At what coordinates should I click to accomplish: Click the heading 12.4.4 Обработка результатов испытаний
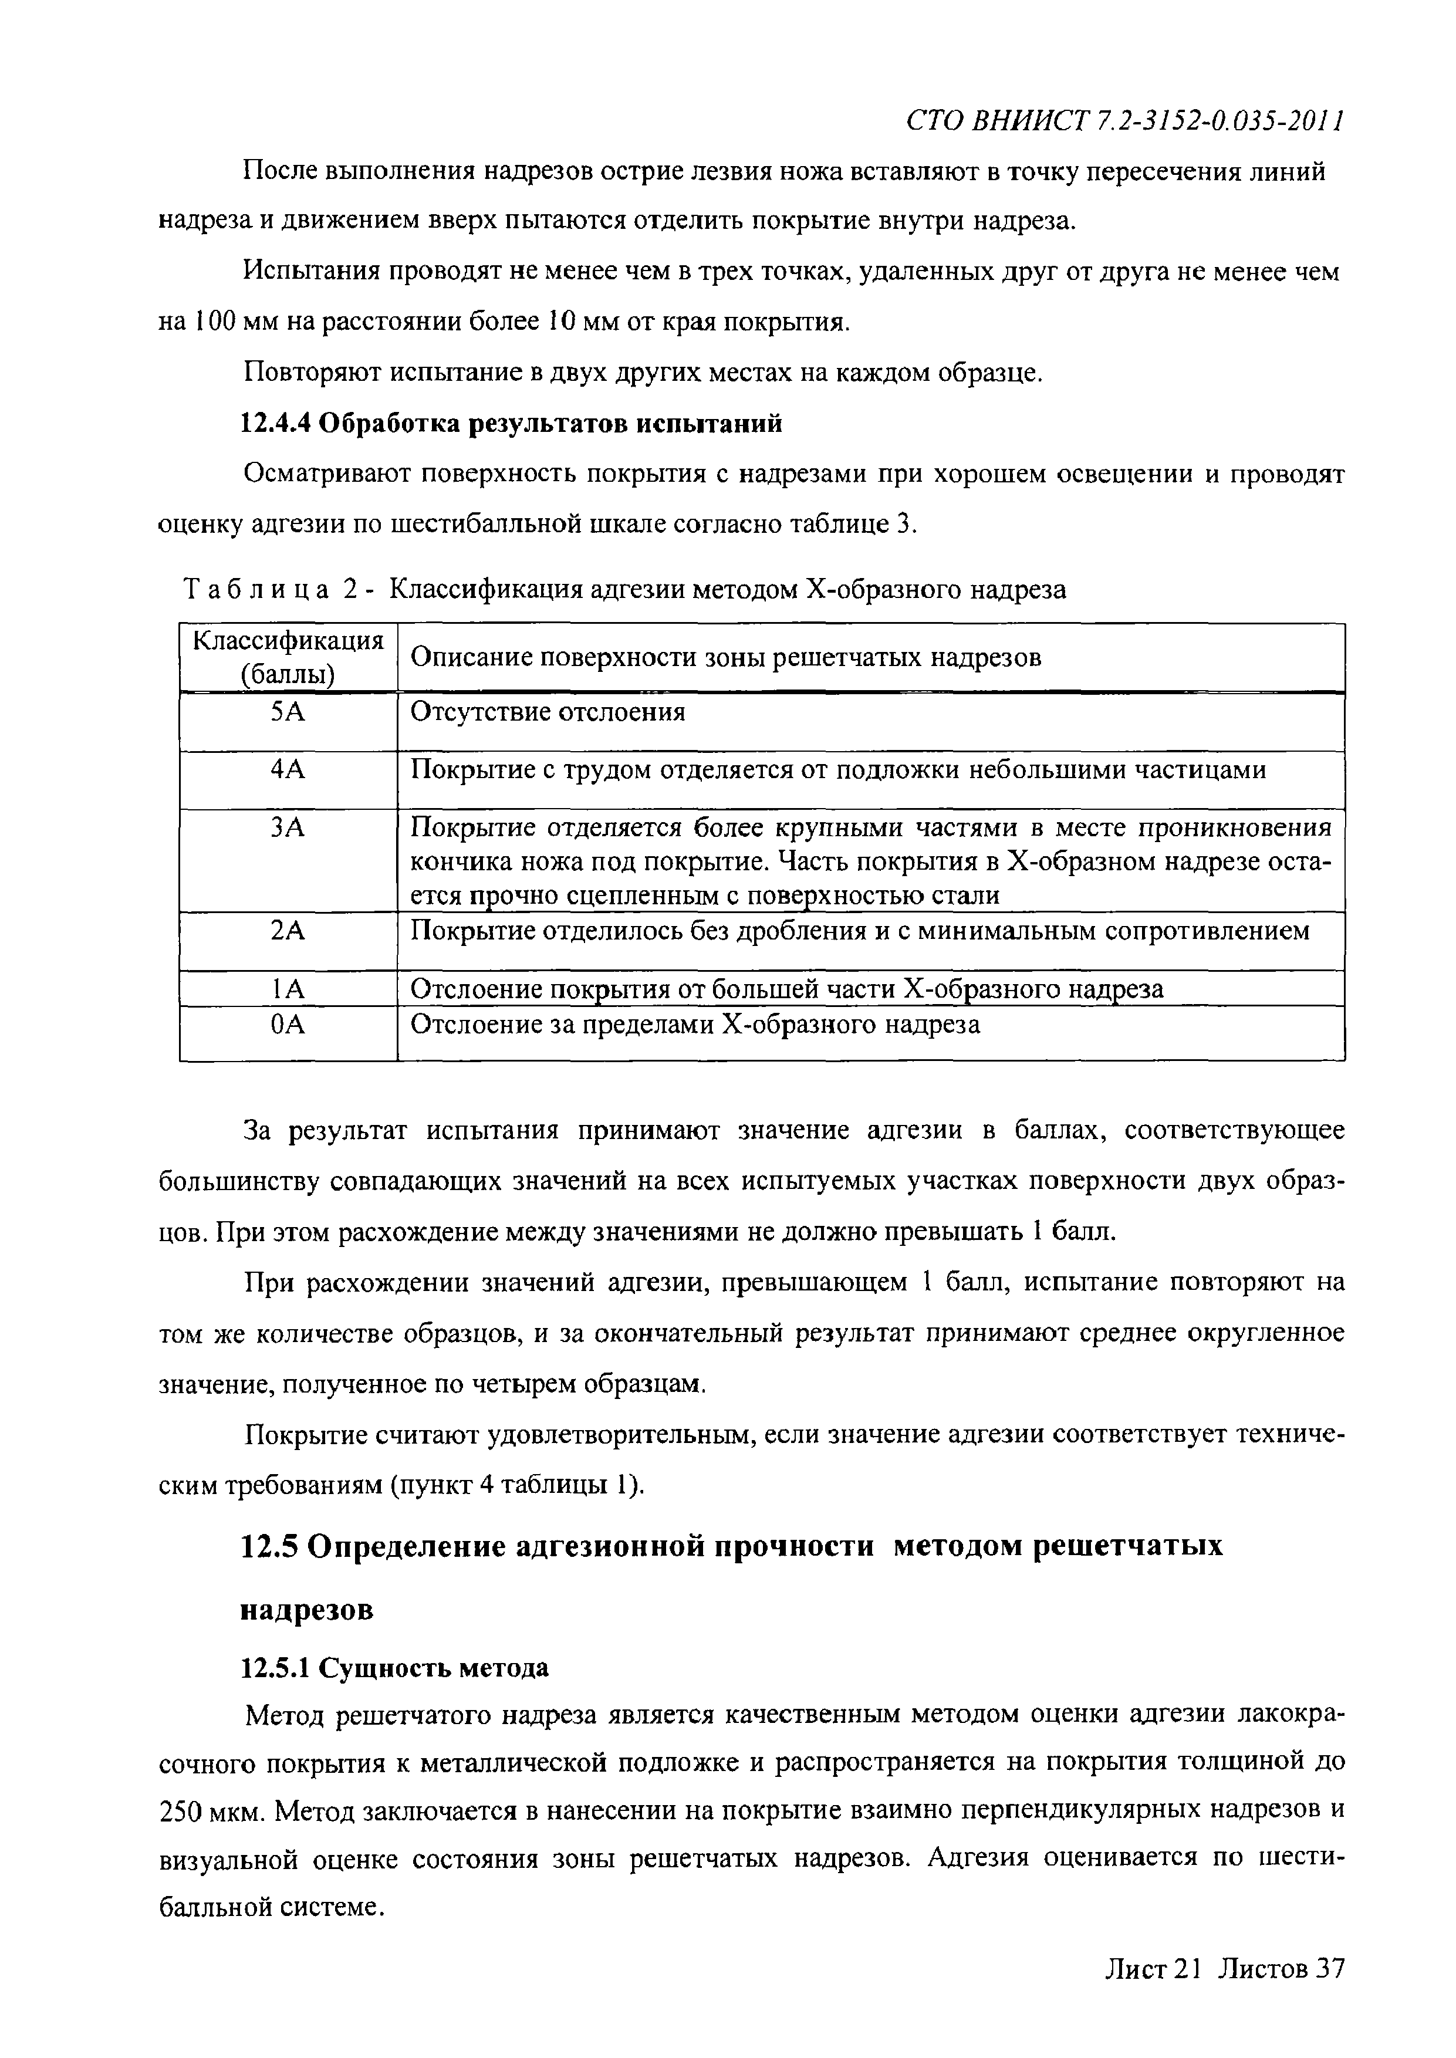[512, 423]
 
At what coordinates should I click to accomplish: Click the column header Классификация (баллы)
[289, 657]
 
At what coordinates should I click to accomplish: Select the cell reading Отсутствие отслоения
[548, 712]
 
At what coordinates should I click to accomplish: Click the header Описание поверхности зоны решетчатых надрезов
[726, 658]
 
